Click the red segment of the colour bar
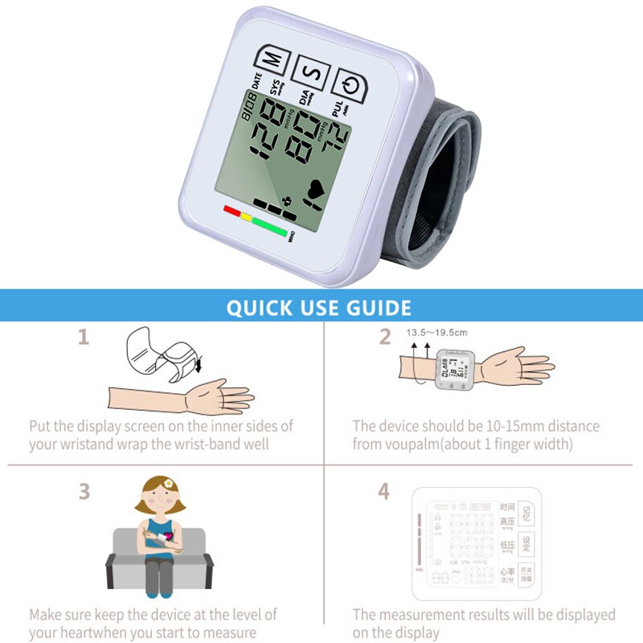pos(232,211)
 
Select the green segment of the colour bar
pos(270,227)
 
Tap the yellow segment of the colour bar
pos(247,217)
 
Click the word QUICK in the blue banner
pos(258,308)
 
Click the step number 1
pos(83,338)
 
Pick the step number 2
pos(386,338)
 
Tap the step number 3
pos(84,491)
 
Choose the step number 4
pos(384,491)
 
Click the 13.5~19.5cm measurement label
pos(436,332)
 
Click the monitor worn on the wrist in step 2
pos(454,371)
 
